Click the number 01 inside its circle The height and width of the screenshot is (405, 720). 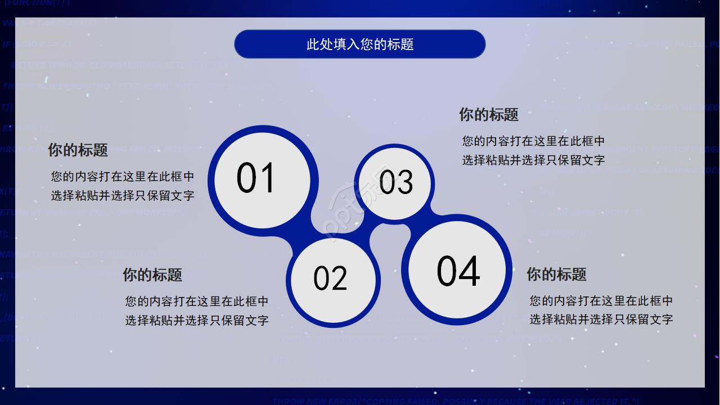pyautogui.click(x=256, y=178)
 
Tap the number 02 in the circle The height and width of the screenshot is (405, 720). pyautogui.click(x=331, y=278)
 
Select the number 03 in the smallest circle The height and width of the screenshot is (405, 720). pyautogui.click(x=396, y=182)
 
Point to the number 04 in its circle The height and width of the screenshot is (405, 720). pyautogui.click(x=458, y=271)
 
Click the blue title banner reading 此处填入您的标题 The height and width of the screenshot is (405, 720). pyautogui.click(x=360, y=44)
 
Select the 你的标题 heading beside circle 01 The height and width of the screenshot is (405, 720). pyautogui.click(x=78, y=150)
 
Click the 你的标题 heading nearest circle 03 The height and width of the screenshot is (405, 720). pyautogui.click(x=489, y=115)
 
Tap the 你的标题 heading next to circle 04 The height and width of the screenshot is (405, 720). pyautogui.click(x=556, y=274)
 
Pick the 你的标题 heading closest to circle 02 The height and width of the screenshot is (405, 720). pyautogui.click(x=152, y=275)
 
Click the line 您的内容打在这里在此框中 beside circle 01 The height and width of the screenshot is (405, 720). pyautogui.click(x=123, y=177)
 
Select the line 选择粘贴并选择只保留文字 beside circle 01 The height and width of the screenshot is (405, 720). pyautogui.click(x=123, y=196)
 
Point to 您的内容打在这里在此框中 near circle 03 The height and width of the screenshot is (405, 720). pyautogui.click(x=533, y=141)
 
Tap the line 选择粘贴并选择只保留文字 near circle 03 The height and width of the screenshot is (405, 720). pyautogui.click(x=533, y=160)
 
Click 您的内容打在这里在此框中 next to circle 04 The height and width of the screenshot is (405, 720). pyautogui.click(x=601, y=301)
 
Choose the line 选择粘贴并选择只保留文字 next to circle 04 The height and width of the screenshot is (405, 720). pyautogui.click(x=601, y=319)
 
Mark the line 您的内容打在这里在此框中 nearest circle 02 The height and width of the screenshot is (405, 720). pyautogui.click(x=197, y=301)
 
